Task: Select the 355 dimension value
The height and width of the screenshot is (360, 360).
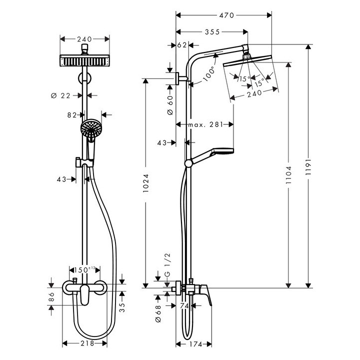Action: pos(212,32)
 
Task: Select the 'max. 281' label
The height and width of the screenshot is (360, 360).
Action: pos(204,124)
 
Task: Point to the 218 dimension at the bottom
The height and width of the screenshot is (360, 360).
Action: pos(85,343)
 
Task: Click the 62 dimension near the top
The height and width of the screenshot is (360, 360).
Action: pos(182,45)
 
